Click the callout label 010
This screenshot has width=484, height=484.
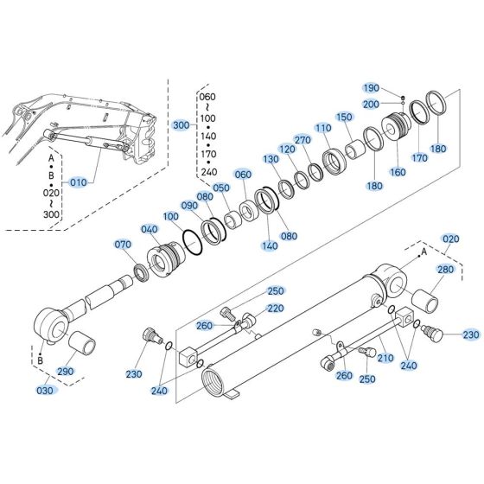click(78, 182)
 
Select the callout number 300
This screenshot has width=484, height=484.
click(181, 125)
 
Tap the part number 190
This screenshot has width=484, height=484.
click(371, 88)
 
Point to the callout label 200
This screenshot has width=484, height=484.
click(371, 104)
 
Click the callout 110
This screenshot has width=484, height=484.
click(323, 128)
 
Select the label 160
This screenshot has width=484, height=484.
click(398, 171)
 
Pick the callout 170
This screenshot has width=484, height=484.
click(420, 158)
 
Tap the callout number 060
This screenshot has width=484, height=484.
click(243, 175)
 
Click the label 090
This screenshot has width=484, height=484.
click(189, 205)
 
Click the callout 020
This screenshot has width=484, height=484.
click(450, 239)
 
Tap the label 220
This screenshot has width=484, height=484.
click(276, 308)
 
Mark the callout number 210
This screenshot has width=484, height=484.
click(385, 357)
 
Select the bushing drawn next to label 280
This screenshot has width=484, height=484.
click(424, 302)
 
